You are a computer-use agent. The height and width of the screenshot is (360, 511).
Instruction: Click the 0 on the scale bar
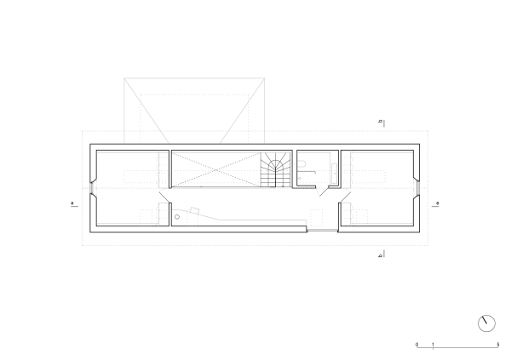click(416, 345)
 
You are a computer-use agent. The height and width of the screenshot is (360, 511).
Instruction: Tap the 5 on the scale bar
click(498, 345)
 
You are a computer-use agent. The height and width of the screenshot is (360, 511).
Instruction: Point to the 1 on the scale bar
click(433, 345)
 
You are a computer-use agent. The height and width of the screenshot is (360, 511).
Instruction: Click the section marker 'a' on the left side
click(72, 203)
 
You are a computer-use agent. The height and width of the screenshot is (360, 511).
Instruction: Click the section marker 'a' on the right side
click(438, 203)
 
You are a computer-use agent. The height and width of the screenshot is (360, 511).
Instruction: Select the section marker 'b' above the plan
click(380, 122)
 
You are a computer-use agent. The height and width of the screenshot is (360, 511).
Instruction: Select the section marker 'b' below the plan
click(380, 255)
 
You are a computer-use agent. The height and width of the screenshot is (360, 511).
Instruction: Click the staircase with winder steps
click(276, 169)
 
